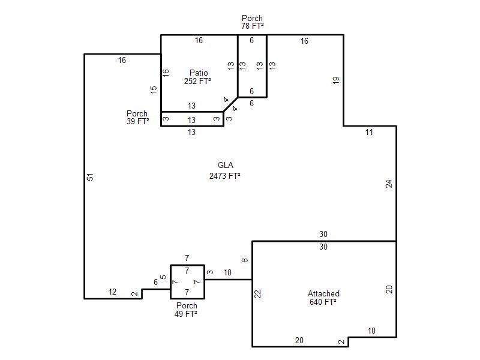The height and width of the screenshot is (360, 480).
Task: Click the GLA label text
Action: coord(226,166)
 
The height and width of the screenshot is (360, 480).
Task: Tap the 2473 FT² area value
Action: coord(224,176)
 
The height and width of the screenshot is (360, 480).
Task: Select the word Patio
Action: coord(199,73)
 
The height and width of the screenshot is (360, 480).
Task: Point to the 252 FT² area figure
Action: coord(197,81)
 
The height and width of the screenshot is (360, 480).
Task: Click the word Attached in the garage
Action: coord(323,293)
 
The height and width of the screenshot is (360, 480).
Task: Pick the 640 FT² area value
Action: coord(323,302)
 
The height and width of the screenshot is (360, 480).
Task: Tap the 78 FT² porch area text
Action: coord(252,26)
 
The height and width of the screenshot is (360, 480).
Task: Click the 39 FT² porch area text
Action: coord(138,121)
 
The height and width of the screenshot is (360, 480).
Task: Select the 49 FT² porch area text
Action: coord(186,314)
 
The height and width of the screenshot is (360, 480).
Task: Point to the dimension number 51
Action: coord(90,177)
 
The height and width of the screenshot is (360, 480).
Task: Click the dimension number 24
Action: coord(389,184)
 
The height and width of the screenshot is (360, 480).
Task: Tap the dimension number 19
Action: coord(336,80)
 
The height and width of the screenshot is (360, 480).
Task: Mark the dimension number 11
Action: coord(369,132)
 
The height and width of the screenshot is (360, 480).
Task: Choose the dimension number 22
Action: coord(258,294)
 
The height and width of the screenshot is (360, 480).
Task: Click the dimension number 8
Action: coord(245,260)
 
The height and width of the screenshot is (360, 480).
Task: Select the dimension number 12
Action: coord(112,292)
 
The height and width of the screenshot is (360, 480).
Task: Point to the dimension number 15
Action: coord(154,89)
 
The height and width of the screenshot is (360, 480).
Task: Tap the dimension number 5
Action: coord(163,277)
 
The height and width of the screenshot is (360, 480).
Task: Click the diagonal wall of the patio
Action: coord(230,104)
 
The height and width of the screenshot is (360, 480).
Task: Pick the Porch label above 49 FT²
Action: coord(187,305)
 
